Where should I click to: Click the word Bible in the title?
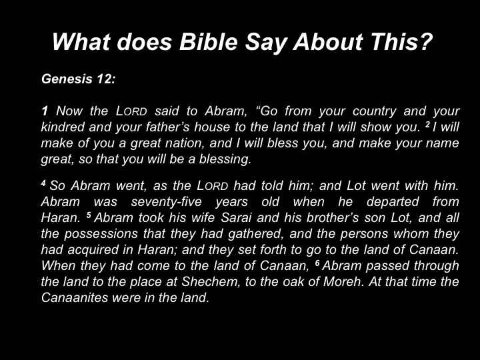[x=208, y=41]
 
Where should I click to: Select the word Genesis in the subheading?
[x=67, y=79]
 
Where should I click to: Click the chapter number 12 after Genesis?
[x=105, y=79]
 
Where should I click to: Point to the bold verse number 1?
[x=45, y=111]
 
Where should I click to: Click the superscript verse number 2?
[x=427, y=124]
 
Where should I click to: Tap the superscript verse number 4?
[x=43, y=183]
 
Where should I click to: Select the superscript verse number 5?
[x=89, y=215]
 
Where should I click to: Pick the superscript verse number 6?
[x=317, y=263]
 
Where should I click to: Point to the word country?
[x=375, y=111]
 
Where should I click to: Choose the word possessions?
[x=101, y=234]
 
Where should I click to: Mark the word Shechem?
[x=211, y=281]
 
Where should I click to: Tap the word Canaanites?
[x=75, y=297]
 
